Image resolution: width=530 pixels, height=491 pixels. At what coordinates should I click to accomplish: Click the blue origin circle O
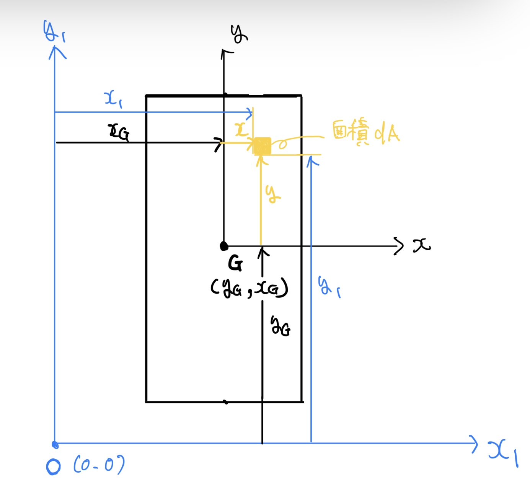point(53,467)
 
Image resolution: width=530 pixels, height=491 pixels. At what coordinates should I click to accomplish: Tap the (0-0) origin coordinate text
point(99,465)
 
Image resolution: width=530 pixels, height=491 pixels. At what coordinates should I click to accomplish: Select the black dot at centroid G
point(224,246)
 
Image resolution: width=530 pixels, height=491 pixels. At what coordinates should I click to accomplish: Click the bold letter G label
point(235,263)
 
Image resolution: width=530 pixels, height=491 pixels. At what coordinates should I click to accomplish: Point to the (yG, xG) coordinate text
point(249,288)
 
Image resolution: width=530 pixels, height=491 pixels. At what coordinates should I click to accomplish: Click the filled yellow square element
point(263,146)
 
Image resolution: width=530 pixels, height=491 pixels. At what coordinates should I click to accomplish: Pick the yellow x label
point(241,130)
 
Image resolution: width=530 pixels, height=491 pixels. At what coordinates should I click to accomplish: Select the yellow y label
point(272,194)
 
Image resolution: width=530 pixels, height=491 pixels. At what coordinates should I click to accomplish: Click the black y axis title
point(239,34)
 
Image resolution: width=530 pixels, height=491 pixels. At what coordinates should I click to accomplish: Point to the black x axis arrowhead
point(399,246)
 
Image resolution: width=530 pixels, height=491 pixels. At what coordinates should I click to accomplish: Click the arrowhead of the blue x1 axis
point(475,444)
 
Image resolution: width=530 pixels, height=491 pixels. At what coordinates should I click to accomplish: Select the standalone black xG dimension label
point(119,132)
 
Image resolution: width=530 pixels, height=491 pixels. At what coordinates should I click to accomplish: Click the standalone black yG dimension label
point(280,326)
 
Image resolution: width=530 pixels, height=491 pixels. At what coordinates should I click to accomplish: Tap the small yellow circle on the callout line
point(282,144)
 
